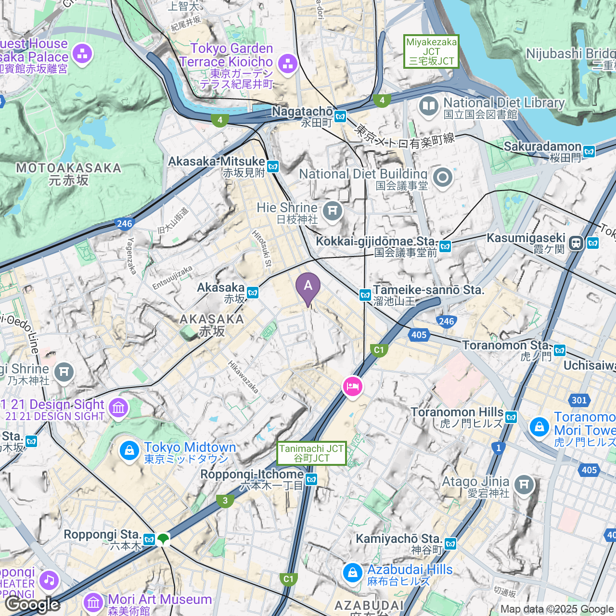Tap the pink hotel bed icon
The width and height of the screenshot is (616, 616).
click(x=352, y=386)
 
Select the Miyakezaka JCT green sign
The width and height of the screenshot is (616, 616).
click(x=431, y=51)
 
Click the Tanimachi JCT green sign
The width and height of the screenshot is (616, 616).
click(x=311, y=453)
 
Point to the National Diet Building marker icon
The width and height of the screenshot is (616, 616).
click(x=442, y=178)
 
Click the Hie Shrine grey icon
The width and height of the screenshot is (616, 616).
click(x=332, y=211)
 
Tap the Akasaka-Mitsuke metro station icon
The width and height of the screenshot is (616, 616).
click(x=273, y=167)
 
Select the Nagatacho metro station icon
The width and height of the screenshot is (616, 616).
click(x=341, y=116)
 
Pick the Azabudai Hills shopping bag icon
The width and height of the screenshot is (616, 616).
click(x=352, y=573)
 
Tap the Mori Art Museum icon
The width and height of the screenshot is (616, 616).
click(x=93, y=602)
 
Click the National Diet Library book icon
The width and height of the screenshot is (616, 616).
click(x=428, y=106)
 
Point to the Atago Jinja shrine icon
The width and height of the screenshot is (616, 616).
click(x=524, y=485)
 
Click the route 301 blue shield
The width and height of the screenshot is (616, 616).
click(x=579, y=400)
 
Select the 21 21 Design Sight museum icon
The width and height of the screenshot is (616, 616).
click(x=118, y=408)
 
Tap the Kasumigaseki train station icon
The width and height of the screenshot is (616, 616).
click(x=576, y=243)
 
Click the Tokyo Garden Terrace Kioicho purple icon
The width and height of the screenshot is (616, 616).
click(x=288, y=63)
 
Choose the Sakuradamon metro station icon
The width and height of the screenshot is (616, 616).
click(x=589, y=152)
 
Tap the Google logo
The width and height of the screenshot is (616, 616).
click(x=33, y=604)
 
